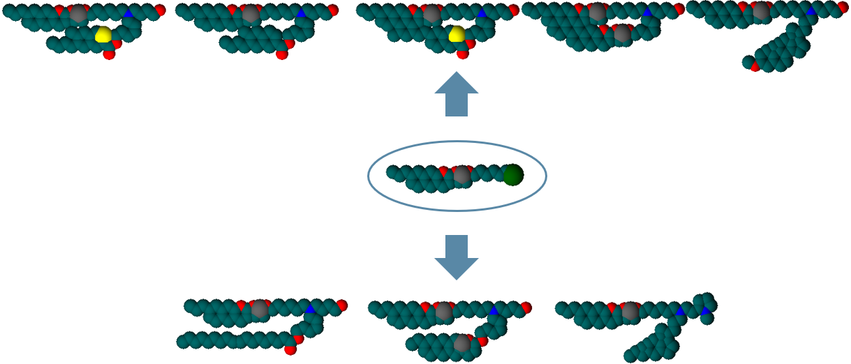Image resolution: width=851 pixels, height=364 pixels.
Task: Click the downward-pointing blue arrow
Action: click(x=457, y=257)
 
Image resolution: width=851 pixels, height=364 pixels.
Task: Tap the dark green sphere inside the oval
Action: click(x=513, y=175)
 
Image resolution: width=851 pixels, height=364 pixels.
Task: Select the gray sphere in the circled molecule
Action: click(x=461, y=174)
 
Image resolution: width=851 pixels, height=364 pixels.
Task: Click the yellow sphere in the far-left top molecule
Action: click(x=103, y=34)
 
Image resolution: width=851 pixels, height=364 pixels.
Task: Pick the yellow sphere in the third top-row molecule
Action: click(x=457, y=34)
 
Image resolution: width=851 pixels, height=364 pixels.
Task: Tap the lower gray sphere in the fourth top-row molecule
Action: click(x=622, y=33)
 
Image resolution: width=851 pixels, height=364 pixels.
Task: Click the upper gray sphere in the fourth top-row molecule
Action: click(x=598, y=12)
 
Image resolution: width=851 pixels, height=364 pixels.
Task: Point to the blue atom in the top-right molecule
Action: click(x=811, y=11)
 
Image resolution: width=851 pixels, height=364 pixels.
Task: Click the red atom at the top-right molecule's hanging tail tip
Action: click(x=755, y=67)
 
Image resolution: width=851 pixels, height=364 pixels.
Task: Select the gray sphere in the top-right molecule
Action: click(x=761, y=11)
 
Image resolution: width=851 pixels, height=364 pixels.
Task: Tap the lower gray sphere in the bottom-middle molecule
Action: click(x=461, y=342)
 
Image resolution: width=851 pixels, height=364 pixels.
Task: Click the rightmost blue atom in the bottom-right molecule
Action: click(x=706, y=310)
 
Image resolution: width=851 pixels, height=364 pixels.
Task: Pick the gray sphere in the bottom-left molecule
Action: click(x=260, y=309)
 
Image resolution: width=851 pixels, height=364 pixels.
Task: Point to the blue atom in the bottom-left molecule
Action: click(x=310, y=308)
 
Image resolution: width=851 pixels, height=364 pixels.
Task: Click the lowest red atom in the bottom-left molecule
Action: click(x=290, y=349)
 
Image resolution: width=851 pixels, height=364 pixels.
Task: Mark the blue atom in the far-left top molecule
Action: click(x=128, y=13)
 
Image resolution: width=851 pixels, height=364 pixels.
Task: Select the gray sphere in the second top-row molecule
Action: click(x=251, y=13)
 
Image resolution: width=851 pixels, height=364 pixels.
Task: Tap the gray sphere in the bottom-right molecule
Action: click(x=630, y=310)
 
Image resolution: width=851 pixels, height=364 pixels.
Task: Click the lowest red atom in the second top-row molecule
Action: click(x=282, y=54)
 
